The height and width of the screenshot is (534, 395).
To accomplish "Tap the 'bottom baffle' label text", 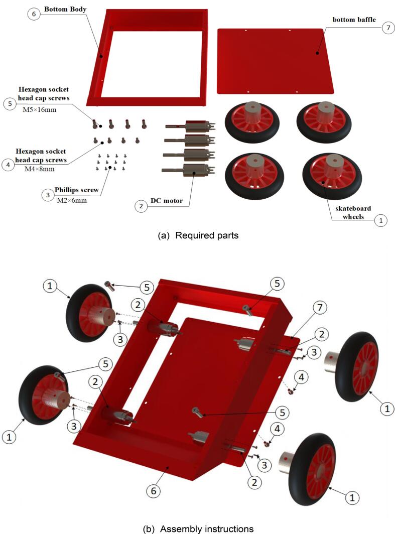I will click(354, 19).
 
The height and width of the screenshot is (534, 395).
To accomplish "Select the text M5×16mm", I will click(40, 109).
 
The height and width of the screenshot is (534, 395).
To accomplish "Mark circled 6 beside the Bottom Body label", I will click(34, 14).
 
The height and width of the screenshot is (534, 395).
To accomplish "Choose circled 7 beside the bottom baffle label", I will click(387, 28).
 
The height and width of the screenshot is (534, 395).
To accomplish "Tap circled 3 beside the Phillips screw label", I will click(47, 196).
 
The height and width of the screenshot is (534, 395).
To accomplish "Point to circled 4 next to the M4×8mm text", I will click(8, 165).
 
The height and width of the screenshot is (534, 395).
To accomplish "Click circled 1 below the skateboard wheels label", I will click(380, 220).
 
